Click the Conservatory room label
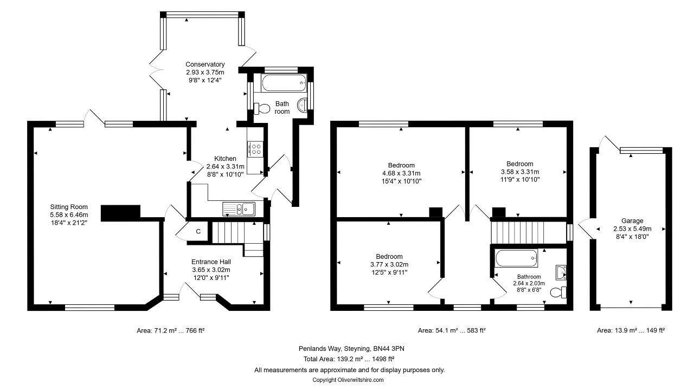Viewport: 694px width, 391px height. (205, 64)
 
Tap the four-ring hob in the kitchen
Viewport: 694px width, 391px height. (255, 149)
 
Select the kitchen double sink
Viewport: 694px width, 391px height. (239, 209)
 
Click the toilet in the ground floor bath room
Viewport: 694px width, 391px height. (262, 108)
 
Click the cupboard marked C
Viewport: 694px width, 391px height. (198, 231)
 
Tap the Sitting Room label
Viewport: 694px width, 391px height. (69, 207)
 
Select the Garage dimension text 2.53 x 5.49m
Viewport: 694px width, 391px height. (632, 229)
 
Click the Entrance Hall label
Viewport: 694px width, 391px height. (211, 262)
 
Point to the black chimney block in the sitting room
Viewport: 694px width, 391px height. (120, 213)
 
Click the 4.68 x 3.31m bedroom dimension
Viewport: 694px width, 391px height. (401, 173)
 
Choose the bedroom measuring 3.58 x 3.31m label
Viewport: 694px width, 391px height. (519, 164)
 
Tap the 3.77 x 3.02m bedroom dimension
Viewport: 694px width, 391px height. (389, 264)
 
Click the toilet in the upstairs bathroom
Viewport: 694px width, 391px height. (558, 292)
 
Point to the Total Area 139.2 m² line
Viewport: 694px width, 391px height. (349, 359)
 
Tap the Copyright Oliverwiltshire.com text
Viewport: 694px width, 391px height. (348, 380)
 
